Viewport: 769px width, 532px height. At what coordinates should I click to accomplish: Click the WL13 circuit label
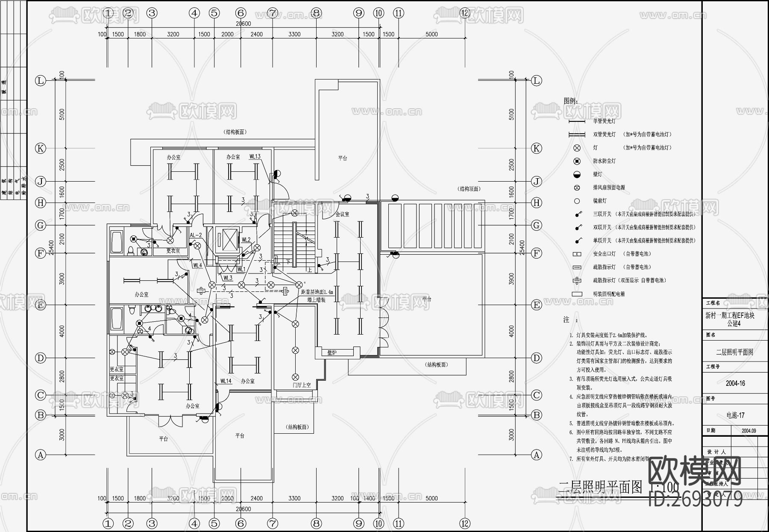pyautogui.click(x=255, y=157)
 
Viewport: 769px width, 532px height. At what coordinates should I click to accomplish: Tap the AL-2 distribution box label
pyautogui.click(x=195, y=235)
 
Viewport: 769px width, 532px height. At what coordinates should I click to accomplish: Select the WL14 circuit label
pyautogui.click(x=226, y=381)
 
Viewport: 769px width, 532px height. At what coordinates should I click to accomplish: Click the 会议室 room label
pyautogui.click(x=342, y=214)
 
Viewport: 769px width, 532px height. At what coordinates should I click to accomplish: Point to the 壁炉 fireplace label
pyautogui.click(x=332, y=353)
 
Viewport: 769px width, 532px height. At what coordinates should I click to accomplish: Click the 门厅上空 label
pyautogui.click(x=302, y=385)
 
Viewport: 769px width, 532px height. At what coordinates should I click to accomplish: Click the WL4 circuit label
pyautogui.click(x=197, y=265)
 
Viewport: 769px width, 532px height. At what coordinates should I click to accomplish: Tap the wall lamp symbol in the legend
pyautogui.click(x=577, y=174)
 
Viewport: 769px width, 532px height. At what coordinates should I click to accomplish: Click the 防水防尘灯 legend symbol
pyautogui.click(x=577, y=161)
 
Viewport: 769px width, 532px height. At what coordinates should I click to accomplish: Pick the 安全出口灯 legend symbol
pyautogui.click(x=577, y=254)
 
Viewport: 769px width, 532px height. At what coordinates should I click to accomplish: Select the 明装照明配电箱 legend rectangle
pyautogui.click(x=577, y=294)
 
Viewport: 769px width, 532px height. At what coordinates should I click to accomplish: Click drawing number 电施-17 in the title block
pyautogui.click(x=735, y=415)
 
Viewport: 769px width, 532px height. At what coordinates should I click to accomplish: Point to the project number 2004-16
pyautogui.click(x=735, y=383)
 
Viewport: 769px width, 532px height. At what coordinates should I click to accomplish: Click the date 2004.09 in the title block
pyautogui.click(x=748, y=431)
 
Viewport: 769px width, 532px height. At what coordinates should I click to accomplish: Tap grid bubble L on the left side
pyautogui.click(x=41, y=81)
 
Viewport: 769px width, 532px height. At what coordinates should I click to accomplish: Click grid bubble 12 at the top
pyautogui.click(x=465, y=13)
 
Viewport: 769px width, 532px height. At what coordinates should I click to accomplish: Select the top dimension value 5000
pyautogui.click(x=431, y=34)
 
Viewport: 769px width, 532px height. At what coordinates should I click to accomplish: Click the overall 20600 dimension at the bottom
pyautogui.click(x=243, y=509)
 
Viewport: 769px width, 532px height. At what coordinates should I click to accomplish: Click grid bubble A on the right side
pyautogui.click(x=537, y=455)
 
